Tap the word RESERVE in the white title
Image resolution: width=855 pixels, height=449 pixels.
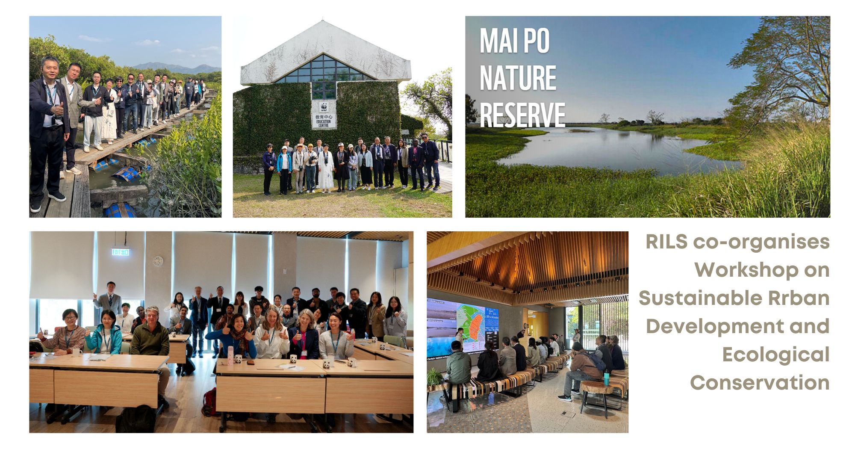point(522,115)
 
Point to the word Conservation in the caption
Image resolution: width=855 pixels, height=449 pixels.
point(760,382)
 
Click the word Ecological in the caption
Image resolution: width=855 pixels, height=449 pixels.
point(776,354)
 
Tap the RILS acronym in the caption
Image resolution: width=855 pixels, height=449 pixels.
point(666,242)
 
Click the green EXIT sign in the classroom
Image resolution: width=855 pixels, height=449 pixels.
point(121,252)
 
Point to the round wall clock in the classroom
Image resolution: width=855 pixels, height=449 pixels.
point(158,261)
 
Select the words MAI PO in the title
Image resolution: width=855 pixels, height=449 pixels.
point(514,41)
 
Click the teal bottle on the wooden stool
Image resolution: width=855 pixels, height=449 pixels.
point(607,375)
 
